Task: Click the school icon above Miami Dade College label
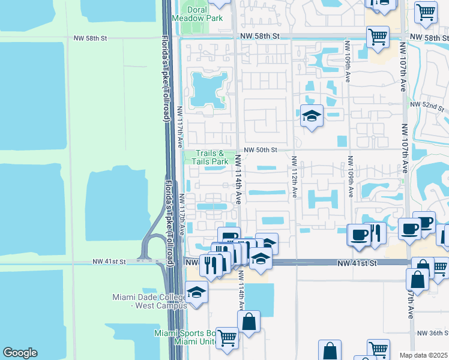(x=196, y=293)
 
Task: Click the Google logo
(x=20, y=353)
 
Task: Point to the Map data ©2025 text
(x=423, y=355)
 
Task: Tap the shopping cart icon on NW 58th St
(x=378, y=37)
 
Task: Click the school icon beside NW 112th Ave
(x=312, y=115)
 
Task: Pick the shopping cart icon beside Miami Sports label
(x=227, y=338)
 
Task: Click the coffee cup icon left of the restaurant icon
(x=359, y=234)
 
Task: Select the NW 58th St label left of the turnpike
(x=90, y=38)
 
